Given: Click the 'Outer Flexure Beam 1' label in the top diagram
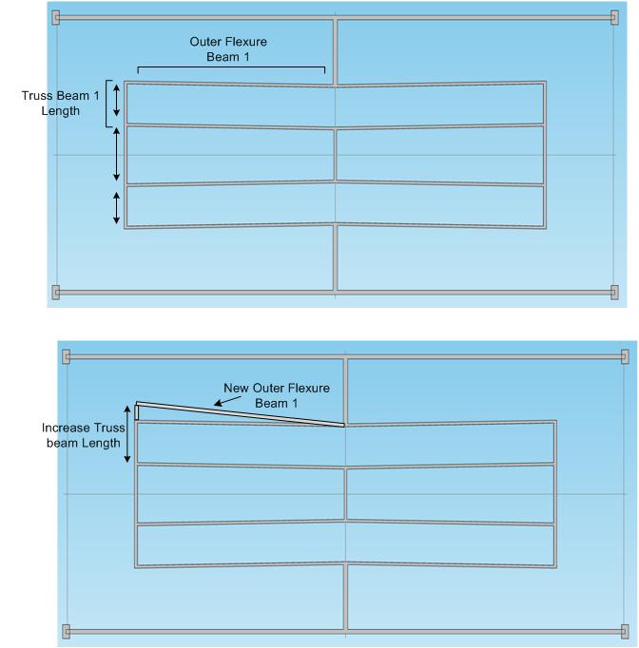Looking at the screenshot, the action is click(x=228, y=49).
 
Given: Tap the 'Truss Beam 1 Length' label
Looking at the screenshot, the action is click(x=61, y=104).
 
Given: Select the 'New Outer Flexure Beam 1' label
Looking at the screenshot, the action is click(x=277, y=395).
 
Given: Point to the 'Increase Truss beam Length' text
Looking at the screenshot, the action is click(x=83, y=435).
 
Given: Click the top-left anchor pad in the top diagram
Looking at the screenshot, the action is click(x=56, y=18).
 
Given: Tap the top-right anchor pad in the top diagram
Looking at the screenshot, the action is click(x=614, y=18).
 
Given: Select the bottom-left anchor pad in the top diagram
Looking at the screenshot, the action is click(x=56, y=293).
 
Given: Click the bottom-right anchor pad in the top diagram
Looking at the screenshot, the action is click(x=614, y=293).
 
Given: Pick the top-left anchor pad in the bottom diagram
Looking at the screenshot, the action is click(x=67, y=356).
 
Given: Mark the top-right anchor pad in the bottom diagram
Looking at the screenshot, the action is click(x=625, y=356).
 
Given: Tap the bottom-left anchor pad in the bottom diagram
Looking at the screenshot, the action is click(x=67, y=632).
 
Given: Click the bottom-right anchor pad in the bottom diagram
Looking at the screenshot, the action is click(x=625, y=632).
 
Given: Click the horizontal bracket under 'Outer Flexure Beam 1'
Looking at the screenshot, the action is click(x=231, y=67).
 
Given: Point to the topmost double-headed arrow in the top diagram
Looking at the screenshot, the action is click(x=117, y=100).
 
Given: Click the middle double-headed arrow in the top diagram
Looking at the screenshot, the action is click(x=117, y=154).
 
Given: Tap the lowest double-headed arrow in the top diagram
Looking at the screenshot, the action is click(x=117, y=208).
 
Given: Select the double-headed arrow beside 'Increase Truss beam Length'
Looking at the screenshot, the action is click(x=127, y=434).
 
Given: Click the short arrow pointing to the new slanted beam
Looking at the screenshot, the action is click(x=227, y=401).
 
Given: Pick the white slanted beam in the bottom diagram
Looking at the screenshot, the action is click(x=241, y=413).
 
